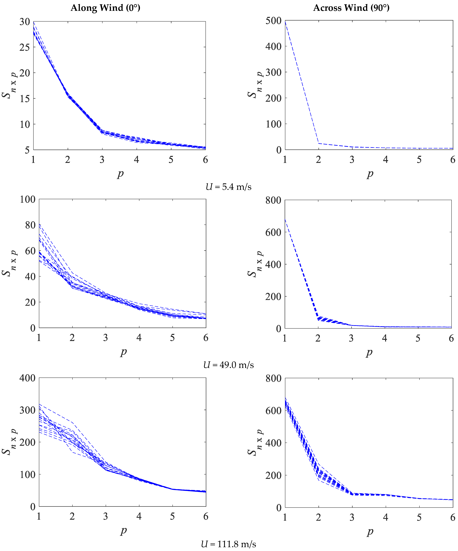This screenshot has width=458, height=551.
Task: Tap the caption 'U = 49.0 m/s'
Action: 228,365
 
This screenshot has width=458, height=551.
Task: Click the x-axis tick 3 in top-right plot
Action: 352,160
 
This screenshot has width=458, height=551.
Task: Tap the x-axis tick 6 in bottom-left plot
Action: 206,516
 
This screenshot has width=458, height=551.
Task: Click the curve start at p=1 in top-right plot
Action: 285,21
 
